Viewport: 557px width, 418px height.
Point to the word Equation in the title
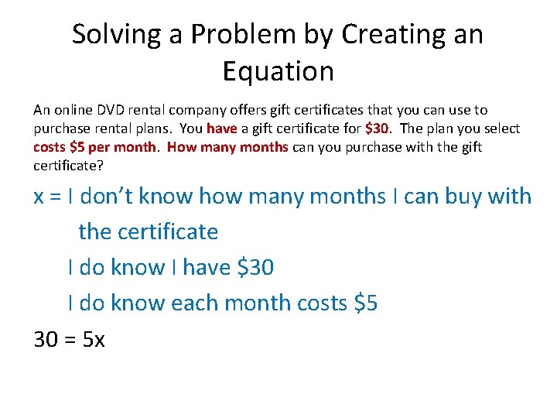(278, 71)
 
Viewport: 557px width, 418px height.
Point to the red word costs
(50, 147)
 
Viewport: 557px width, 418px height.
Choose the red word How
(181, 147)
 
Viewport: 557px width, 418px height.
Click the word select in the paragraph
(501, 128)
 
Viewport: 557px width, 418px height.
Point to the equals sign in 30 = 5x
(68, 339)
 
